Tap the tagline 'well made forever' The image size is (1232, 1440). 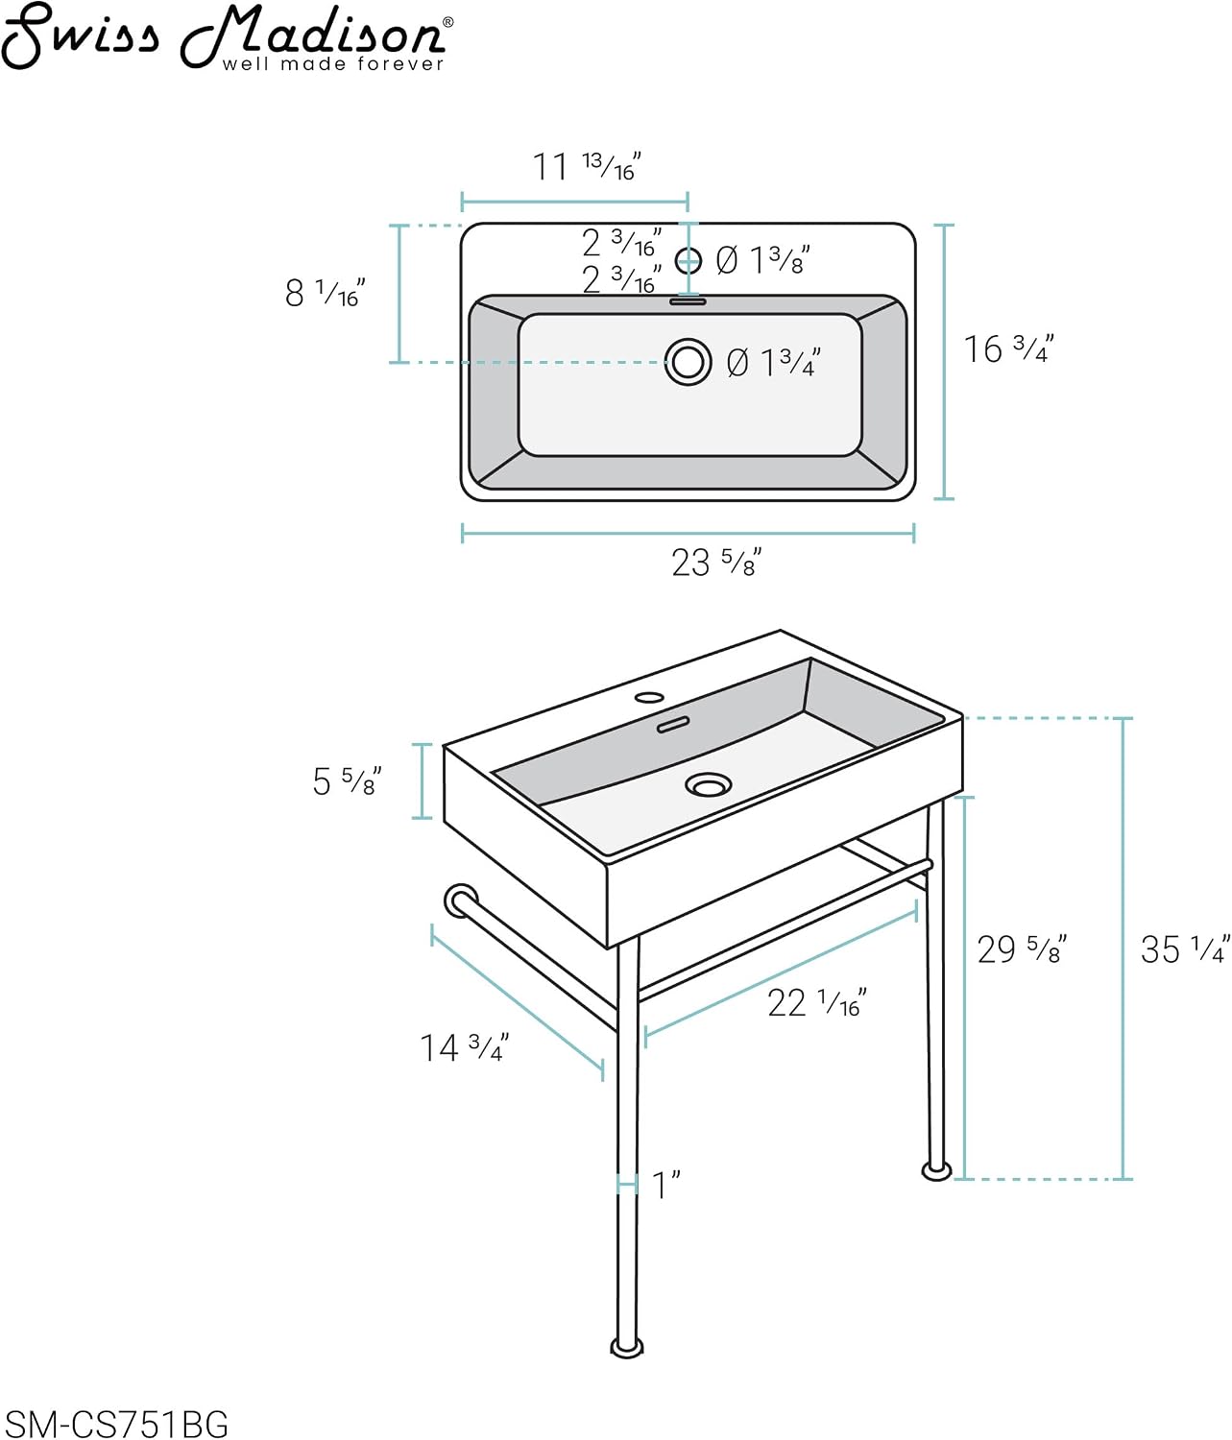[333, 64]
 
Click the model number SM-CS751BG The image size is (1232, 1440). [115, 1424]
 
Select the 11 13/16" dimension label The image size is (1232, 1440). [586, 167]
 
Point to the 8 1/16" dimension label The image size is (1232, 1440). [325, 293]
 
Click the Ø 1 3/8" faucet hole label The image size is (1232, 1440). [762, 260]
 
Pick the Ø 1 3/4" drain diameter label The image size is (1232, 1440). [773, 362]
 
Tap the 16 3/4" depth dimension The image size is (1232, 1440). [1008, 348]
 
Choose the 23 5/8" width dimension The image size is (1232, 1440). [716, 563]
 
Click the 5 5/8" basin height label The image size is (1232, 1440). [347, 780]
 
